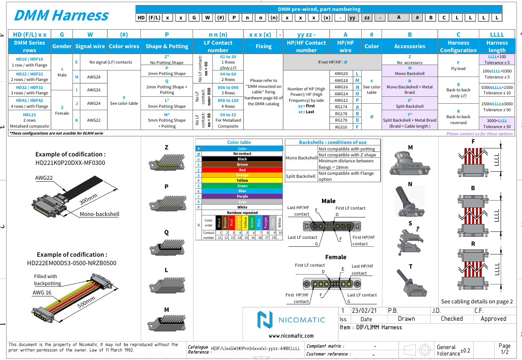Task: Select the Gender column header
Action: tap(62, 46)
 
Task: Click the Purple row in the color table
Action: tap(242, 197)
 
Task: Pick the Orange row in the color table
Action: tap(242, 175)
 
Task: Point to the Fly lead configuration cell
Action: tap(458, 66)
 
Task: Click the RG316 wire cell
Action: tap(341, 127)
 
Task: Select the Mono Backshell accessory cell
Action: tap(409, 71)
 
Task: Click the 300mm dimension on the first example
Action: tap(88, 200)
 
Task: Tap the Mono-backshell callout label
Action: tap(99, 215)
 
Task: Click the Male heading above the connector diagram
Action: tap(328, 201)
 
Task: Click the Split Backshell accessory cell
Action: tap(409, 103)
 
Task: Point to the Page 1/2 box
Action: tap(504, 349)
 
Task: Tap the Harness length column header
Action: tap(497, 46)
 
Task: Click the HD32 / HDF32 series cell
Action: tap(29, 89)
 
